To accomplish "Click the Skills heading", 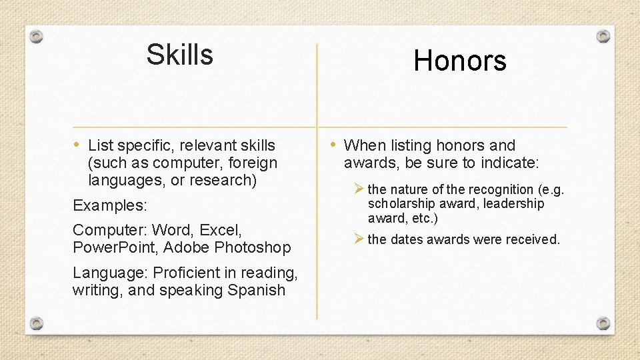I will (179, 55).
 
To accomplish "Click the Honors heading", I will (459, 61).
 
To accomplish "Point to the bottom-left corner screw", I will (37, 323).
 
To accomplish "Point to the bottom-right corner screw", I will (603, 323).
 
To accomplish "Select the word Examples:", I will (110, 205).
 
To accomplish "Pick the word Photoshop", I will (255, 248).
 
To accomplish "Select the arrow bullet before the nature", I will (359, 189).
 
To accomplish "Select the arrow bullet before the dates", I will (359, 239).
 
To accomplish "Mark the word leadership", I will (513, 203).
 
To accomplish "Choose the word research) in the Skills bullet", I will (223, 180).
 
